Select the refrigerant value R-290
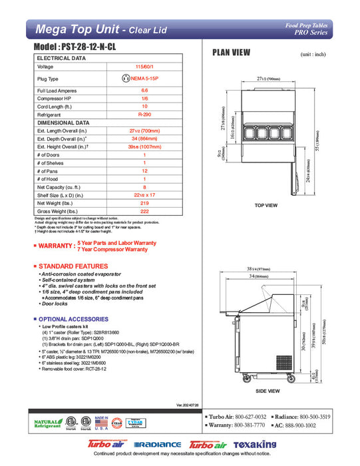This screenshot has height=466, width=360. click(144, 115)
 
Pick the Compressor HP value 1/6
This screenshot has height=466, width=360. click(144, 98)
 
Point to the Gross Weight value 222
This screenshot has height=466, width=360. click(144, 210)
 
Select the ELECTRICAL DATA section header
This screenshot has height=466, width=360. click(61, 58)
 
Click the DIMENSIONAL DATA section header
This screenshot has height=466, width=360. click(63, 122)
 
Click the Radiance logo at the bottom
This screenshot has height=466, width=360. click(157, 444)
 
